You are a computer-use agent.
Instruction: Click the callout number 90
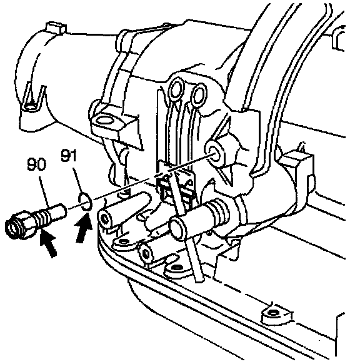point(36,164)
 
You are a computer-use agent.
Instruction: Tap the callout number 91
point(68,155)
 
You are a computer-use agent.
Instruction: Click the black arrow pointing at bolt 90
point(49,243)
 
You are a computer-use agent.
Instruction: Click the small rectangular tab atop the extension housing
point(56,28)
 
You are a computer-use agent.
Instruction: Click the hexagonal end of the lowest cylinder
point(145,253)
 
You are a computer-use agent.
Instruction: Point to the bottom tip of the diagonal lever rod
point(198,280)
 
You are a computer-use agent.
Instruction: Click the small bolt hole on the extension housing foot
point(31,106)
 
